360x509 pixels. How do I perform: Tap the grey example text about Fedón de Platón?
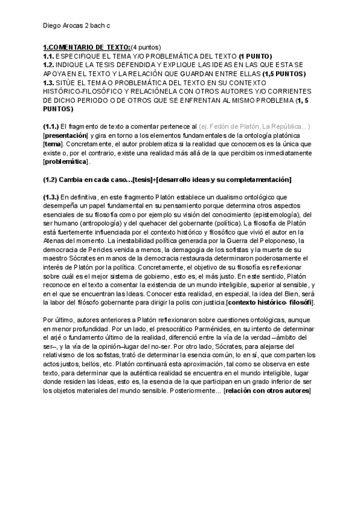(x=259, y=127)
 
